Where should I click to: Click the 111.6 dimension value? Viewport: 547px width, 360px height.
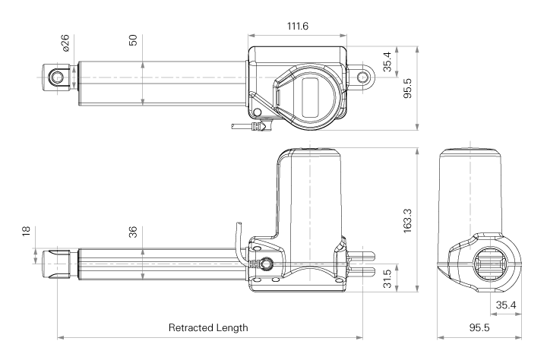point(298,26)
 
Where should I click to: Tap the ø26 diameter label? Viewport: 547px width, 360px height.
point(65,43)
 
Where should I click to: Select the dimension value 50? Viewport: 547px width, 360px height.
point(133,40)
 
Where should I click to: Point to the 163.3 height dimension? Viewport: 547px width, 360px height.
point(407,220)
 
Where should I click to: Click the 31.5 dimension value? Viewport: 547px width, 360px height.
point(387,279)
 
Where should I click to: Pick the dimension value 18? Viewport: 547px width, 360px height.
point(26,232)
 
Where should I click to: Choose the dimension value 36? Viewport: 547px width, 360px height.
point(133,232)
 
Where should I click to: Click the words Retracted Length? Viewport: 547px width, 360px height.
point(208,327)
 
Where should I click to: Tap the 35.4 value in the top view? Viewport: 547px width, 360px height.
point(387,62)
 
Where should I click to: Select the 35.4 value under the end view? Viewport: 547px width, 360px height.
point(506,305)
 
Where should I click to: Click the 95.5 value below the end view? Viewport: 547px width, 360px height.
point(479,327)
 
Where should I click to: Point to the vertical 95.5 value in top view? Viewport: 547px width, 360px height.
point(407,88)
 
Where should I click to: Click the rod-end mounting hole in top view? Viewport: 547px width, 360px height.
point(55,77)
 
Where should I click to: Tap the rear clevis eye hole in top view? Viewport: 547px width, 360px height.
point(363,77)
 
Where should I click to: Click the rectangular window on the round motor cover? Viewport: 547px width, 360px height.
point(310,97)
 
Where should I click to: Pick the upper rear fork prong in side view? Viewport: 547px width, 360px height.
point(363,257)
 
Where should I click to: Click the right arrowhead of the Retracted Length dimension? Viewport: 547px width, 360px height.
point(359,337)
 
